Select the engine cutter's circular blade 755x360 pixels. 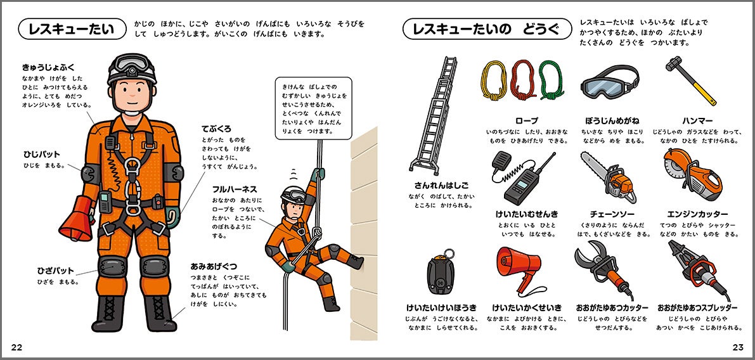pyautogui.click(x=676, y=170)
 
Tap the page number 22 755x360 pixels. pyautogui.click(x=16, y=346)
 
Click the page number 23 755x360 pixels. pyautogui.click(x=737, y=346)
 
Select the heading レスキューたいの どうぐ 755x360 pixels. pyautogui.click(x=486, y=29)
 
